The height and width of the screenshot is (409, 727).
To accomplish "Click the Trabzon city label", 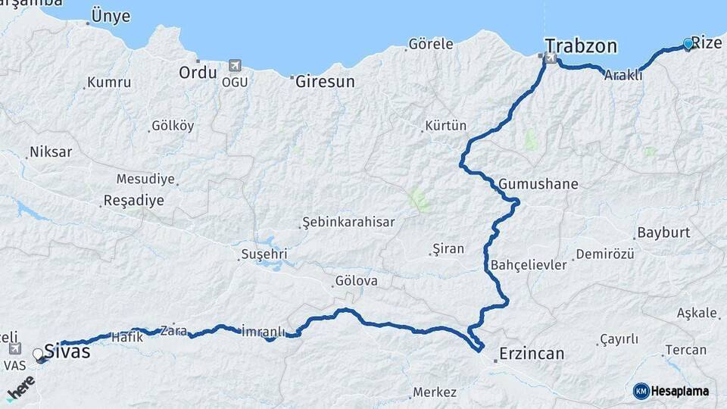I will (581, 46).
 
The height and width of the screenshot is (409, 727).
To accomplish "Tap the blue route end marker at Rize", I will (688, 44).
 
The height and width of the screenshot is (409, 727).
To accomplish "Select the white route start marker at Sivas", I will (39, 354).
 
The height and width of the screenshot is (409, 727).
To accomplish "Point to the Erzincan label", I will (532, 354).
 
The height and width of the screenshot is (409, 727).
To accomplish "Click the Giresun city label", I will (325, 81).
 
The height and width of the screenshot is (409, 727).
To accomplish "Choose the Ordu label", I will (198, 73).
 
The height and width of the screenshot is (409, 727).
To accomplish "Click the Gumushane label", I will (538, 184).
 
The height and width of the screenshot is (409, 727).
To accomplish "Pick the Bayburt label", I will (663, 233).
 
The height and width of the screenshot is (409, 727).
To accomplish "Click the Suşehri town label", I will (265, 254).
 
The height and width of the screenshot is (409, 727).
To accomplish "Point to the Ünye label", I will (111, 17).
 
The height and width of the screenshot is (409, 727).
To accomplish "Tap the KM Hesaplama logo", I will (671, 391).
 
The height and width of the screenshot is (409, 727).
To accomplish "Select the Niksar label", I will (51, 152).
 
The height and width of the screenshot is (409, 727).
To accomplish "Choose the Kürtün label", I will (446, 126).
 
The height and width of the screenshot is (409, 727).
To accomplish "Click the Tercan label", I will (686, 350).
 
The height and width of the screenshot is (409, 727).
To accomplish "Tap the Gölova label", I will (356, 282).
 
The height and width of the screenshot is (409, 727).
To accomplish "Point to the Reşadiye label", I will (133, 201).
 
